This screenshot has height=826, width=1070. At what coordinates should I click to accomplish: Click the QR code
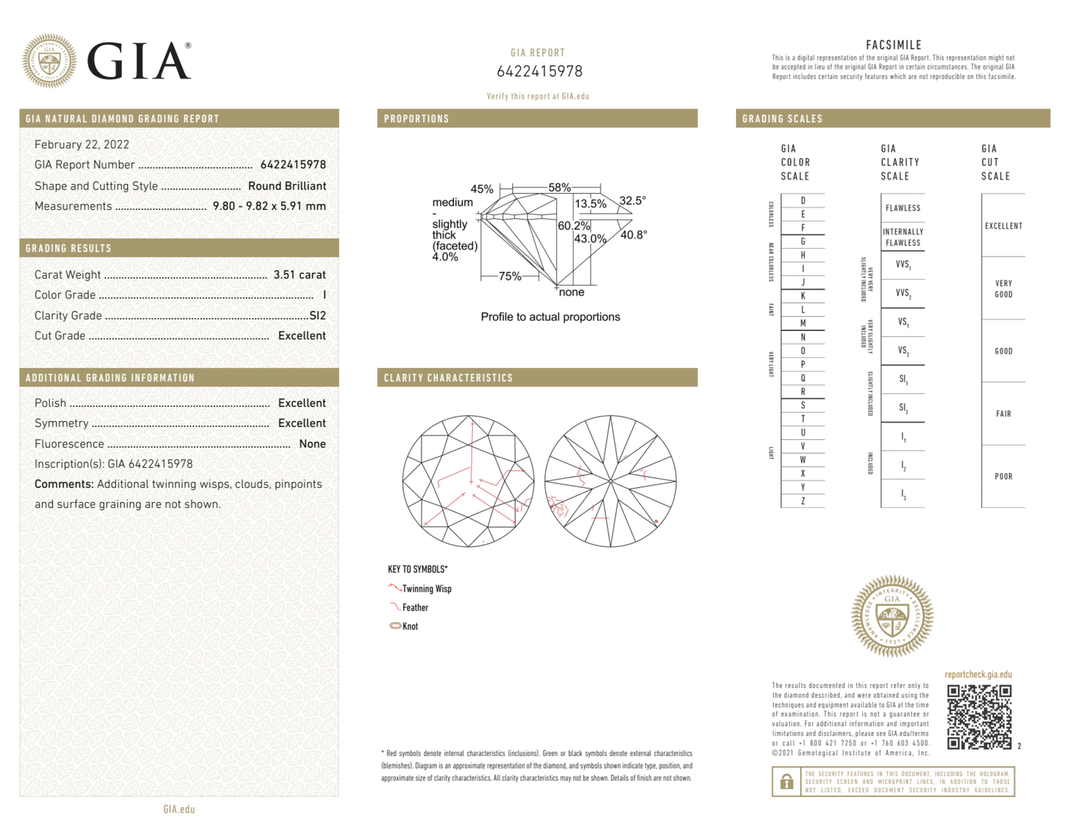click(979, 717)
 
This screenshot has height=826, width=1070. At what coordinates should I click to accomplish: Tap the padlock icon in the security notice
click(786, 782)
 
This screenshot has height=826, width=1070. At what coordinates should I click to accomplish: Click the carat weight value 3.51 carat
click(299, 275)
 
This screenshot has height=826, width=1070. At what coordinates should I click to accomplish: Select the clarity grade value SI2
click(318, 315)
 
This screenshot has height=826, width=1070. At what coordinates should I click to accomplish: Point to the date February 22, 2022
click(82, 144)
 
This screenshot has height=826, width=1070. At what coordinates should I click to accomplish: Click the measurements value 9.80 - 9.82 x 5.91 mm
click(269, 206)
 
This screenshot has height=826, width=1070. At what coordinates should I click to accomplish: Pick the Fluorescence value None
click(312, 443)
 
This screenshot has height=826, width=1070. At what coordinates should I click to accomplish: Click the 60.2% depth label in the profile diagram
click(573, 226)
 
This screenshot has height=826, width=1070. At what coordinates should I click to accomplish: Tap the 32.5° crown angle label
click(633, 201)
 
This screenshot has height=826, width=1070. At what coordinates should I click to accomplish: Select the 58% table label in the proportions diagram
click(559, 188)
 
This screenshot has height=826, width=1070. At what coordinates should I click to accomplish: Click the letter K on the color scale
click(803, 296)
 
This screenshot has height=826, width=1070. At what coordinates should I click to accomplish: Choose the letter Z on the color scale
click(803, 501)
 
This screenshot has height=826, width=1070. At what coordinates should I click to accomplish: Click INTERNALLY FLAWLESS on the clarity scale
click(903, 237)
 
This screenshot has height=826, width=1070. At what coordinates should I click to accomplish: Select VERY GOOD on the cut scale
click(1003, 289)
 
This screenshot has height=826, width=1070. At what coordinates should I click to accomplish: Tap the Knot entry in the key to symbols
click(410, 626)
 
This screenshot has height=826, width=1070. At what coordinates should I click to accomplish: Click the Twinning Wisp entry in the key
click(426, 589)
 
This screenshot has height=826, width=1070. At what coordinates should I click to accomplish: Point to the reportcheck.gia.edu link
click(978, 674)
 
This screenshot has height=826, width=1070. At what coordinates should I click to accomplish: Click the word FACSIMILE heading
click(894, 45)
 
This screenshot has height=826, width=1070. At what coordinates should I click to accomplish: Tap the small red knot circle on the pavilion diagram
click(656, 521)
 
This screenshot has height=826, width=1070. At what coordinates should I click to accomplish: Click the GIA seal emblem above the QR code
click(892, 615)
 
